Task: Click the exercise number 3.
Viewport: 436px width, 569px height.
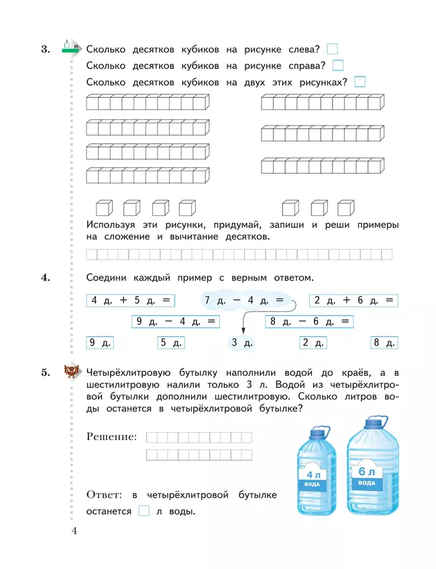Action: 46,49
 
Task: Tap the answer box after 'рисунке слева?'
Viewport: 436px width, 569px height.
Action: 332,49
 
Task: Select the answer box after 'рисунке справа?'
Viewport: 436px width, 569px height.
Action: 338,66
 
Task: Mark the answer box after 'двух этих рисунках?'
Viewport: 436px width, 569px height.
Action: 360,83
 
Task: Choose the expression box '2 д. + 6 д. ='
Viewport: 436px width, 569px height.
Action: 353,301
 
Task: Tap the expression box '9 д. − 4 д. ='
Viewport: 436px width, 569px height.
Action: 176,321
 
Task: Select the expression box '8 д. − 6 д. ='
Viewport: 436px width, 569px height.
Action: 309,321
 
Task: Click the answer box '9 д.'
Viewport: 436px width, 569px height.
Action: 101,343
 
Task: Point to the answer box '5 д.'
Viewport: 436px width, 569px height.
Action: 171,343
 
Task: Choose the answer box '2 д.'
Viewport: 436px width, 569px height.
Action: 313,343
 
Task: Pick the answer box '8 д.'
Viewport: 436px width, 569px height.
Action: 384,343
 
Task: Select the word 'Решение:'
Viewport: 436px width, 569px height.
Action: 112,437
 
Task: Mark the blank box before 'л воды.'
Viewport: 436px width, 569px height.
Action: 144,511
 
